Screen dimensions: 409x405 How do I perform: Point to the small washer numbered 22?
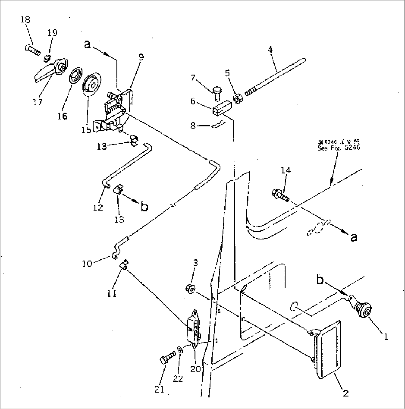click(x=180, y=350)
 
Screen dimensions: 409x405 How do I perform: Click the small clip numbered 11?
click(x=124, y=264)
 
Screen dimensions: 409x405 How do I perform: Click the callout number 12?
click(x=98, y=208)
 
